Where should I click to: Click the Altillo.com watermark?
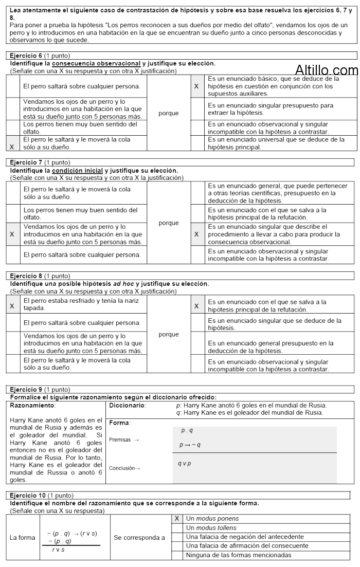(327, 71)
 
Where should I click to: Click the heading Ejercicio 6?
(27, 55)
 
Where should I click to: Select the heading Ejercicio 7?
(27, 162)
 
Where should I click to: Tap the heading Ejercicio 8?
(27, 276)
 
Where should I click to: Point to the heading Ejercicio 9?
(27, 389)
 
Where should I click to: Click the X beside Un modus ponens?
(177, 519)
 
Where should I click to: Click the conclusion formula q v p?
(184, 464)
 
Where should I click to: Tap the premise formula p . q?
(187, 430)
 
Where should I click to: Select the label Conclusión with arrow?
(124, 468)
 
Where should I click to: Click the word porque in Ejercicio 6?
(169, 113)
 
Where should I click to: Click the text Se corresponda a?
(139, 538)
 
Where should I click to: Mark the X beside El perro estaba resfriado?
(12, 305)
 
